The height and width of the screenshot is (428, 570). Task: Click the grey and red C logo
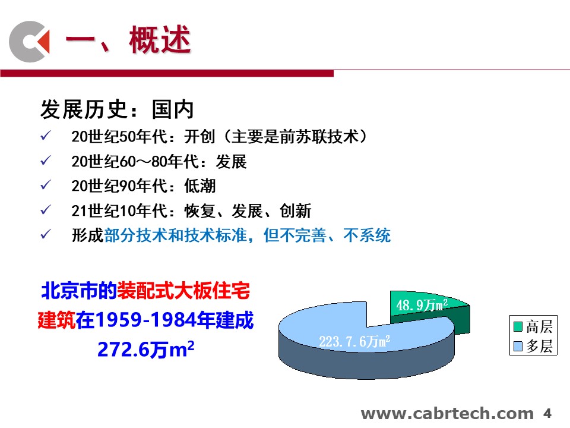point(29,42)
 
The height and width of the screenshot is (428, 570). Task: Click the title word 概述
point(160,40)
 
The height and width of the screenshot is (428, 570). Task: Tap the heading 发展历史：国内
point(117,109)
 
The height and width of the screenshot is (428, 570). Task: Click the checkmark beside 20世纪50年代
point(46,136)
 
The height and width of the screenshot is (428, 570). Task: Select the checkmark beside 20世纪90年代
point(46,185)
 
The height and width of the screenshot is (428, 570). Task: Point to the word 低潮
point(200,186)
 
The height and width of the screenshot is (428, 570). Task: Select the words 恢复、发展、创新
point(248,211)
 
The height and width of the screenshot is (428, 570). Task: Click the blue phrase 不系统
point(367,235)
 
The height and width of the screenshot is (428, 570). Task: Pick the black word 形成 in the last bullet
point(88,235)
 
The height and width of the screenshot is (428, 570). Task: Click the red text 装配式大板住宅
point(183,291)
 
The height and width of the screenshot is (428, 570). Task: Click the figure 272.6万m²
point(146,350)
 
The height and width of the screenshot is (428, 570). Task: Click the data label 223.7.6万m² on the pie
point(354,341)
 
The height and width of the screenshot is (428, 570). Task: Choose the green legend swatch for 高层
point(518,326)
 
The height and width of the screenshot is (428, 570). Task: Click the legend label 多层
point(540,346)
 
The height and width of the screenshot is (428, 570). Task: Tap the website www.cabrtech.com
point(447,414)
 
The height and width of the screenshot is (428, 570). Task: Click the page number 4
point(547,414)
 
